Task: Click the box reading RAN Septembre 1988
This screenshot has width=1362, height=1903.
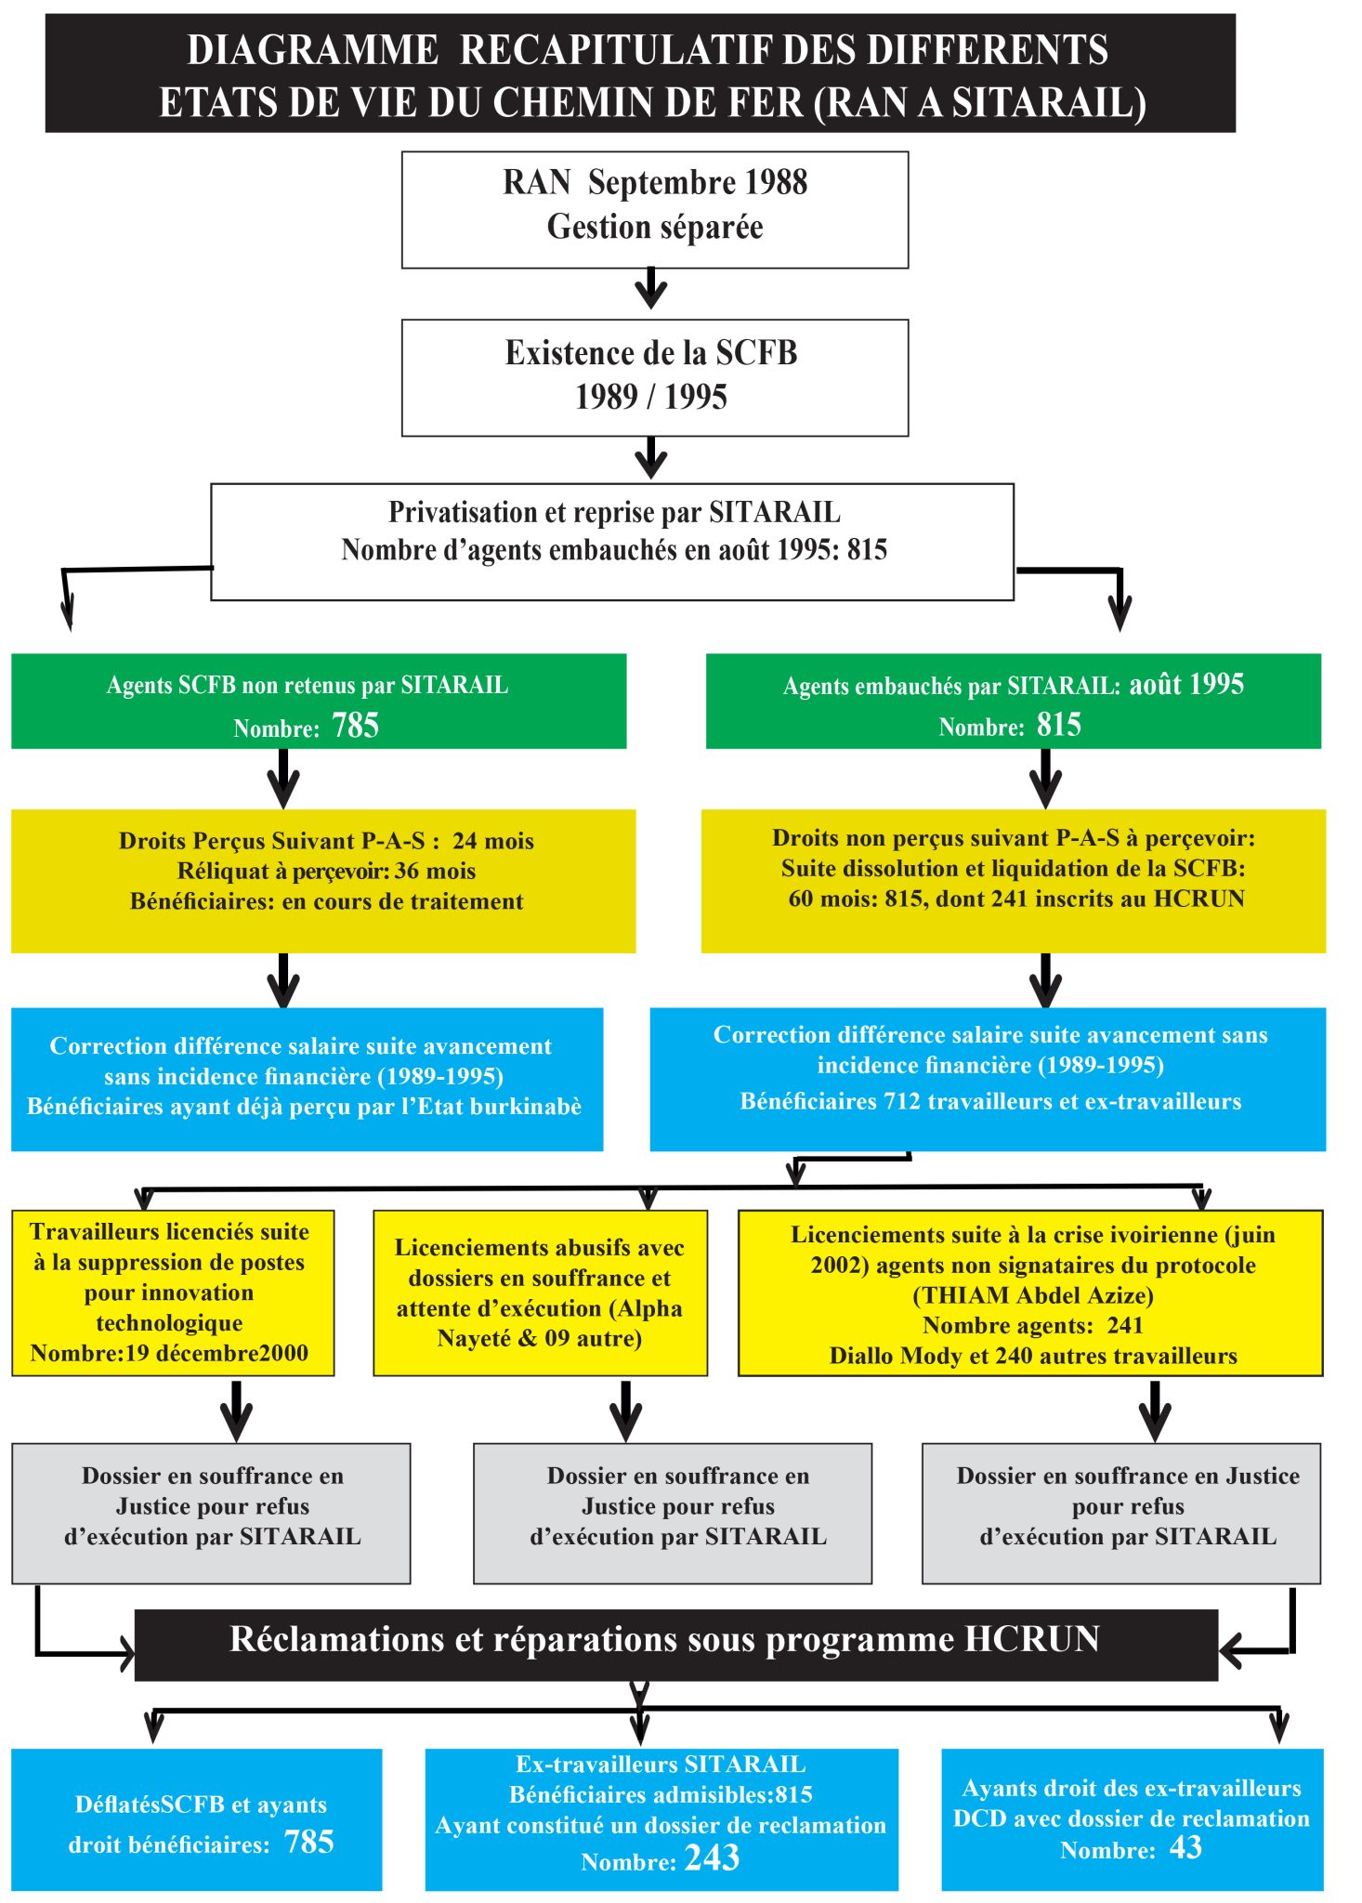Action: (x=655, y=210)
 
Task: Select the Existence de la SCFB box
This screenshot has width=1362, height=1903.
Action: (x=655, y=377)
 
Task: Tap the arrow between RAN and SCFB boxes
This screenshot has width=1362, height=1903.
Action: (x=651, y=288)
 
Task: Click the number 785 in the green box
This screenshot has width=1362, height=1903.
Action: (x=356, y=725)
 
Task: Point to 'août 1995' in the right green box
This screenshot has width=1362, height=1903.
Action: (x=1186, y=685)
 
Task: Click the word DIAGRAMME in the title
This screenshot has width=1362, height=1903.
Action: (x=313, y=50)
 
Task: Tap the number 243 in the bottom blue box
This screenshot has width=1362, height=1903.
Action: (x=712, y=1857)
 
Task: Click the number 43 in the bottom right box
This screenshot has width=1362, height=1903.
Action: (x=1185, y=1847)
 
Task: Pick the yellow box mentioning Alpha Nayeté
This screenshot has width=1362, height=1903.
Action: (x=540, y=1293)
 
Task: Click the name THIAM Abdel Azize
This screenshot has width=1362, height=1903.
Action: (x=1033, y=1295)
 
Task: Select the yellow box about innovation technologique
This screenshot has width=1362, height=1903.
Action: (x=173, y=1293)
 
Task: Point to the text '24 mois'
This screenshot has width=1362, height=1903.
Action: (x=493, y=841)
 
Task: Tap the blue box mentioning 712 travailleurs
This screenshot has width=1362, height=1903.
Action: (x=988, y=1080)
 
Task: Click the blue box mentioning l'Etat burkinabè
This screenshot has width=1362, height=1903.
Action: (x=308, y=1080)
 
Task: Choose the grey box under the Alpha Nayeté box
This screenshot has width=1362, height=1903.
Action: (x=673, y=1514)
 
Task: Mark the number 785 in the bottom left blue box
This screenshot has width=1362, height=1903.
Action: (x=309, y=1842)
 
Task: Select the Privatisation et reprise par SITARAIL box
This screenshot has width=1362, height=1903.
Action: (x=612, y=542)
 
